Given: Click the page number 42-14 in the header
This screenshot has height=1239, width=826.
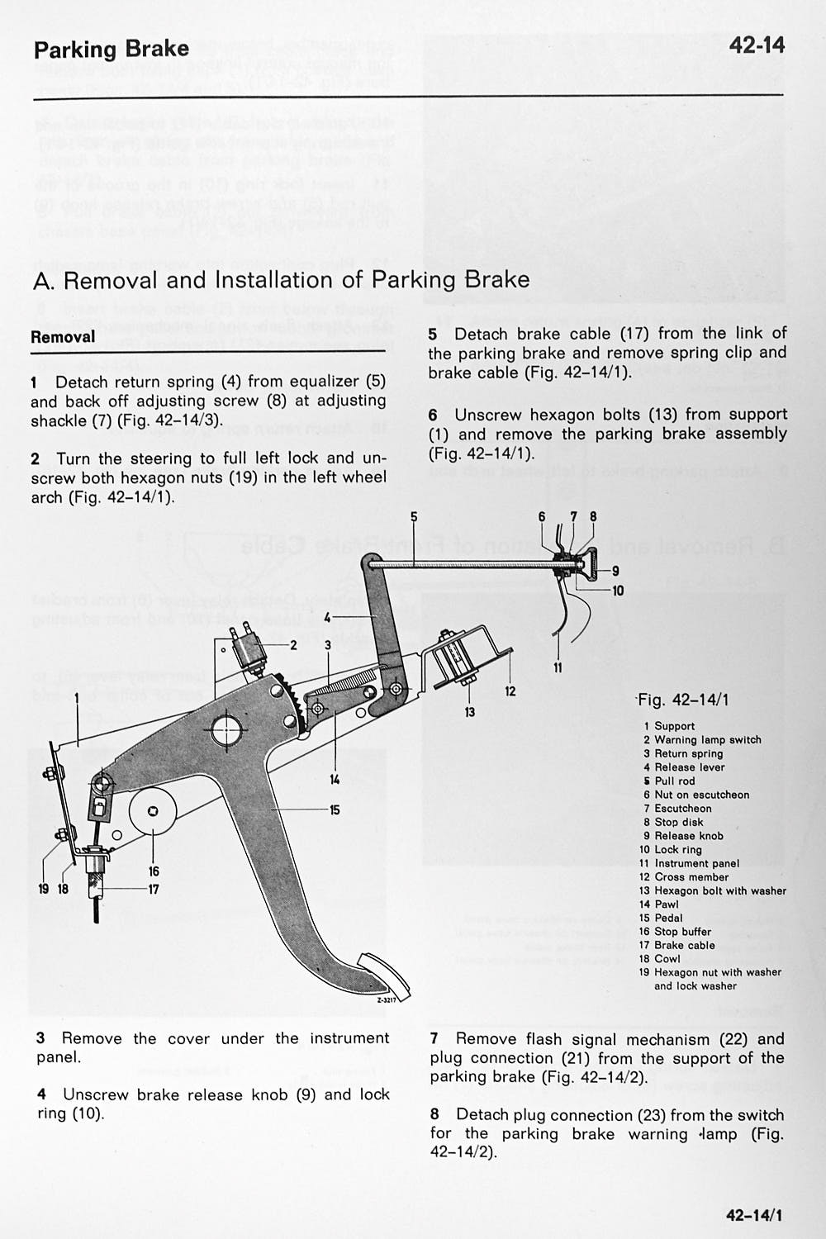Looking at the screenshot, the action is point(757,45).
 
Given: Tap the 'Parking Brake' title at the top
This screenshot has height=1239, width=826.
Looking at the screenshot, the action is point(112,50).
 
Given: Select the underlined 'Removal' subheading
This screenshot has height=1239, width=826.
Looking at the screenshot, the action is point(63,337).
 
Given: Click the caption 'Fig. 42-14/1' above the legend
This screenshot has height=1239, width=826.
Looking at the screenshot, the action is point(683,700).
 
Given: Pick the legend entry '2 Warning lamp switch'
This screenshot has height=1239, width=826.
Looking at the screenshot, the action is point(702,740).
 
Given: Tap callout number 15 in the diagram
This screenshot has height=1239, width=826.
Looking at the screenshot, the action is point(335,810).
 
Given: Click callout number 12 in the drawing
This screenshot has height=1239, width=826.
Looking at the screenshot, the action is point(510,691).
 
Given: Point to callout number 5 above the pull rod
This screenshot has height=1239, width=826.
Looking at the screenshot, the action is point(414,516).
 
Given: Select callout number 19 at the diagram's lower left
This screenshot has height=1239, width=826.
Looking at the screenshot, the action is point(44,889).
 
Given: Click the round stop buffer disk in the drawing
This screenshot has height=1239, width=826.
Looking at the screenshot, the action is point(153,811).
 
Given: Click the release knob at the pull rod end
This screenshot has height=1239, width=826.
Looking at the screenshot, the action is point(593,564).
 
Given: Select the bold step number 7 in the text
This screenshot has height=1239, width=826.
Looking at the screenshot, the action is point(434,1039).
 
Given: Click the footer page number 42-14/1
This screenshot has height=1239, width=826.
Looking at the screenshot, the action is point(755,1215).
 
